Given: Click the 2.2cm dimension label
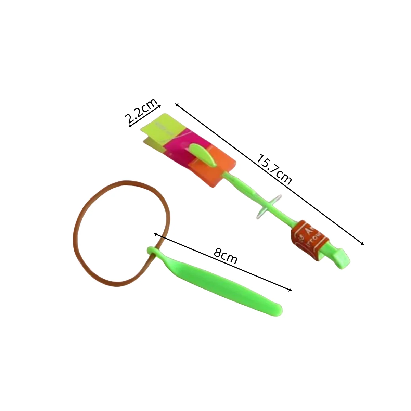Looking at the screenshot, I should (141, 111).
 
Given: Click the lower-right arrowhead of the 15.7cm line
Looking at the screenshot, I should (363, 244).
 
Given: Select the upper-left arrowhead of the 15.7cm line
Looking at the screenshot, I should (176, 104).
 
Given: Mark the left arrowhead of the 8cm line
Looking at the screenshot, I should (155, 234).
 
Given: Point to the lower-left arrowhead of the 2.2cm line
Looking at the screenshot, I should (130, 127).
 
